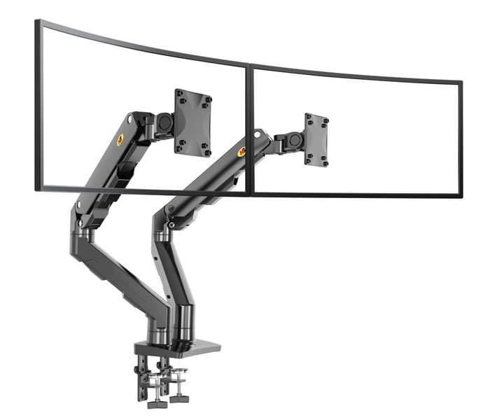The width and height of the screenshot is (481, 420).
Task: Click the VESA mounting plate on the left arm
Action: click(x=193, y=122)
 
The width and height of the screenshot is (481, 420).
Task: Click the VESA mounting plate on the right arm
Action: click(x=316, y=140)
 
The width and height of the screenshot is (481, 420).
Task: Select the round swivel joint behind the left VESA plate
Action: click(x=166, y=122)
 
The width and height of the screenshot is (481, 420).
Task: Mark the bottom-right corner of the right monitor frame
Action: click(x=461, y=195)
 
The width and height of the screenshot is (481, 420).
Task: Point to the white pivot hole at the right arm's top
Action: click(x=258, y=132)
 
